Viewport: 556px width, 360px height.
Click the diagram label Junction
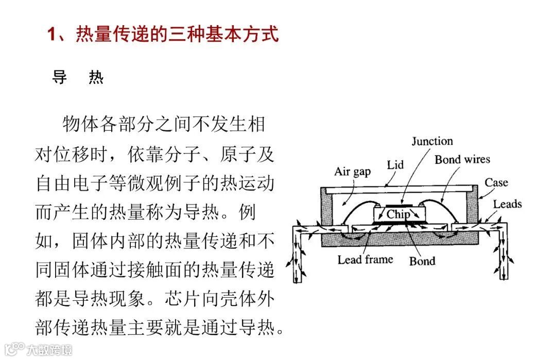click(x=432, y=141)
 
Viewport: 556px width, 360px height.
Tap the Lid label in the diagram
click(x=395, y=165)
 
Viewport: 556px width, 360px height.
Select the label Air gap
click(x=352, y=172)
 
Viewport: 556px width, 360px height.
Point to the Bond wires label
click(x=462, y=160)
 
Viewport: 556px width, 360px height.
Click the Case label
click(x=496, y=182)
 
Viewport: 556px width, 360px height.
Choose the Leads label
click(x=507, y=204)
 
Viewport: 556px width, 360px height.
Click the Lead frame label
click(x=365, y=260)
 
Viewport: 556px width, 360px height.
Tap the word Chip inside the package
click(x=398, y=214)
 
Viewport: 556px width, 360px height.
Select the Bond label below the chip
click(x=422, y=261)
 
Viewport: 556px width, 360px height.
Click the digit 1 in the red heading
click(x=51, y=35)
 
